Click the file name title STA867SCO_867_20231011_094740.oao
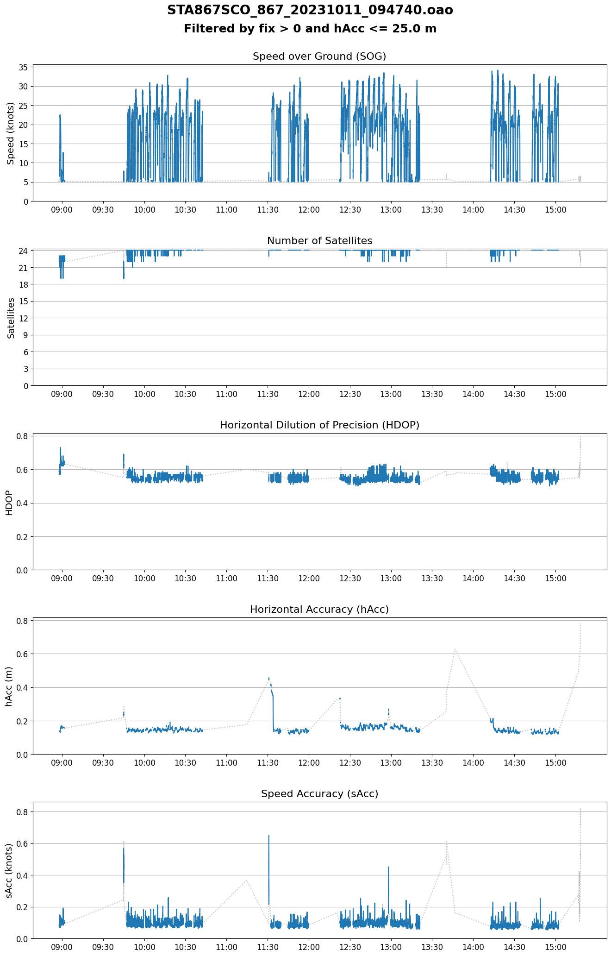click(x=310, y=10)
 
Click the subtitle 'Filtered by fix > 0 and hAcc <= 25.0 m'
click(x=310, y=29)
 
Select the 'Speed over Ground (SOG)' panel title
click(x=319, y=57)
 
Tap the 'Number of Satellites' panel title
click(x=319, y=241)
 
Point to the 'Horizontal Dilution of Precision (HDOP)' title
click(x=319, y=425)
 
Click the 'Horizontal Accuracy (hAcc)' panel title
click(x=319, y=610)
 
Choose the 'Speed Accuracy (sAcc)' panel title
click(x=319, y=794)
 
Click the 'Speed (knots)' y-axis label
click(x=10, y=133)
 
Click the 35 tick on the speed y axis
click(x=23, y=67)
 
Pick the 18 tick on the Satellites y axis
click(x=23, y=284)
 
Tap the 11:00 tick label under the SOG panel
click(x=226, y=210)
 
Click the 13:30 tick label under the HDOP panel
click(x=432, y=579)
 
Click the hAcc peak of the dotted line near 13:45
click(x=455, y=649)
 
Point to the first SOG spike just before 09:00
click(x=60, y=116)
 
